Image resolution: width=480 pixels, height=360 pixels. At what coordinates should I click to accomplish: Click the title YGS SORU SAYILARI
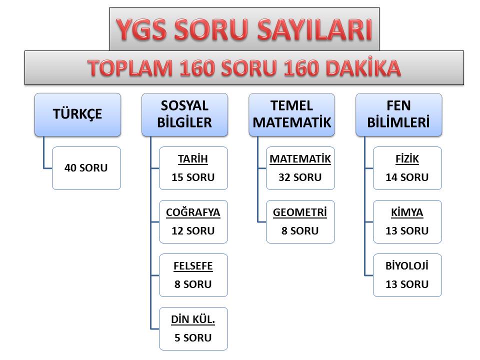click(x=244, y=29)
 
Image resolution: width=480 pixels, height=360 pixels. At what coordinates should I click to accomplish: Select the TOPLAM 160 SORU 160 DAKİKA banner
click(x=244, y=67)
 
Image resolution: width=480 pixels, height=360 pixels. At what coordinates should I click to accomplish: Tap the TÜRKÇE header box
click(x=78, y=115)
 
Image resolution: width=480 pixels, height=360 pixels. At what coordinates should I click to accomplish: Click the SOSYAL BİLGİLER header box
click(x=184, y=115)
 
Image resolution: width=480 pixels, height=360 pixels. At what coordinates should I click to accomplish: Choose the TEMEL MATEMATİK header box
click(x=291, y=115)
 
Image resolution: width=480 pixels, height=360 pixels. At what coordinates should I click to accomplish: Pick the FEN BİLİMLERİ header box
click(x=398, y=115)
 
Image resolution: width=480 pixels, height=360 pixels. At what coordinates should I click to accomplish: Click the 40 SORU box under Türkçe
click(x=86, y=168)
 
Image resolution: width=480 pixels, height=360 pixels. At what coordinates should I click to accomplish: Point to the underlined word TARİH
click(x=193, y=159)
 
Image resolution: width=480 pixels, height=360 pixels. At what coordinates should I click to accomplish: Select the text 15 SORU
click(x=193, y=177)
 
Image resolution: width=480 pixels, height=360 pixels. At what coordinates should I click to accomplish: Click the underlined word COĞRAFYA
click(x=193, y=212)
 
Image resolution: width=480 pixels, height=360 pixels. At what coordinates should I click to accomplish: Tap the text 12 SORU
click(x=193, y=231)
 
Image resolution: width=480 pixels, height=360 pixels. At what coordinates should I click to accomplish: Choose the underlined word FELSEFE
click(x=193, y=266)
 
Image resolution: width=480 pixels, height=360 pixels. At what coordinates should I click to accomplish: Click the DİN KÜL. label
click(x=193, y=319)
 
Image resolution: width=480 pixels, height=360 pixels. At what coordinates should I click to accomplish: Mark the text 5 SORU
click(x=193, y=337)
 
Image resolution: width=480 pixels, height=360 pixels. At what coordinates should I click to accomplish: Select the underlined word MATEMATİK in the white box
click(x=300, y=159)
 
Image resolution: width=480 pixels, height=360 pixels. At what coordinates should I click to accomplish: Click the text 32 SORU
click(x=300, y=177)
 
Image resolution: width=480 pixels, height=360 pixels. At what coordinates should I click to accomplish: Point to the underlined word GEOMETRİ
click(x=300, y=212)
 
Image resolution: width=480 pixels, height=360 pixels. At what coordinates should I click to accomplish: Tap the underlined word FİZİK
click(x=407, y=159)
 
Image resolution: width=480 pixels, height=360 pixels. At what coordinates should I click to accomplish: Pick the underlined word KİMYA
click(x=407, y=212)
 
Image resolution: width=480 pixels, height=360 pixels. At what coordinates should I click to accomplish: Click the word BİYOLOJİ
click(x=407, y=265)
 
